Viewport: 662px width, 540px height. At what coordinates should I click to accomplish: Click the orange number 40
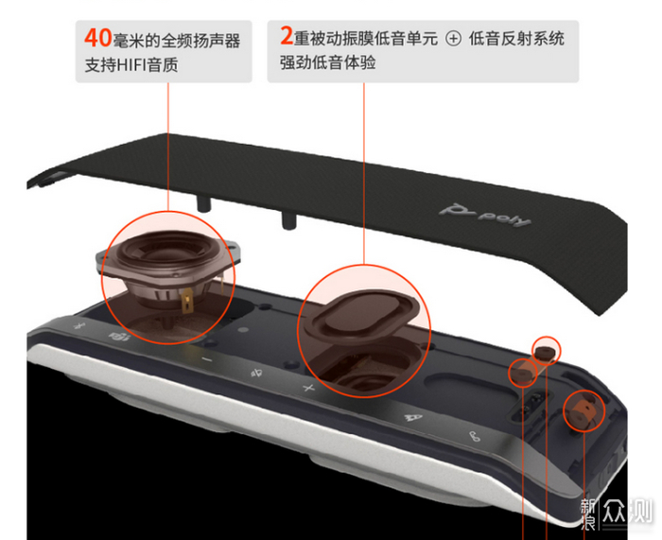click(x=98, y=38)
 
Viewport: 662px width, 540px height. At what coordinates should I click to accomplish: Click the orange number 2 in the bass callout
click(x=287, y=36)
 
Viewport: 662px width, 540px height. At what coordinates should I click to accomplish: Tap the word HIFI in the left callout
click(x=131, y=65)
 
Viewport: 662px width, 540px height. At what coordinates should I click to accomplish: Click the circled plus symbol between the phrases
click(x=453, y=39)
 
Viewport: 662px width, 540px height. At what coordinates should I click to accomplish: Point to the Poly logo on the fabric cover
click(x=484, y=216)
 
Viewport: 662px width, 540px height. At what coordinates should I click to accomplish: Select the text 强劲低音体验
click(x=327, y=62)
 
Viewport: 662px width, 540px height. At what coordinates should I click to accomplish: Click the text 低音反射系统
click(x=516, y=39)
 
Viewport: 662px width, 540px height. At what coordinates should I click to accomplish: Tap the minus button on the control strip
click(x=207, y=358)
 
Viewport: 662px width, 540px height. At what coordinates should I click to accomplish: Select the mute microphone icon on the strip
click(x=256, y=373)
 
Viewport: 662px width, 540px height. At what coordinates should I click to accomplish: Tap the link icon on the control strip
click(x=475, y=436)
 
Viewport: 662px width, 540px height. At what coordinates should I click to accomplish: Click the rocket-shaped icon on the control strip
click(x=413, y=417)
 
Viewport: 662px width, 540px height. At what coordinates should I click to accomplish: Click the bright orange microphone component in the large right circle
click(x=584, y=409)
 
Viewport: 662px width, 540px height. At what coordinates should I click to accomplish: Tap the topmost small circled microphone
click(x=547, y=351)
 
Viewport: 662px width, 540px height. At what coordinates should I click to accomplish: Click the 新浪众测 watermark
click(x=616, y=513)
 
